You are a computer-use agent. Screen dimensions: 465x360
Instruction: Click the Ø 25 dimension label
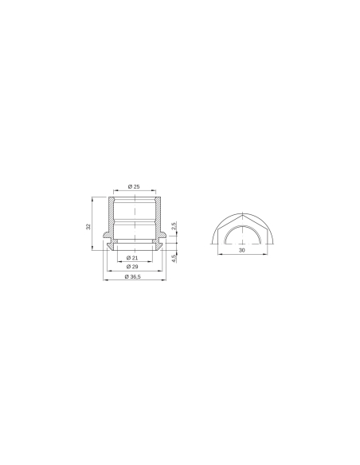134,186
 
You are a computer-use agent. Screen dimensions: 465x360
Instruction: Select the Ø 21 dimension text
134,259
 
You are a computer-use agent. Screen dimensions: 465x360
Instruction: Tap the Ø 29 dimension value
134,267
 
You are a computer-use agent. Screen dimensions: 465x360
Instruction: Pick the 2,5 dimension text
174,226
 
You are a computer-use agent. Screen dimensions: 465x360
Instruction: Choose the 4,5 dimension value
174,256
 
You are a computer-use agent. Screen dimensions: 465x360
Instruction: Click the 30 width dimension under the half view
242,250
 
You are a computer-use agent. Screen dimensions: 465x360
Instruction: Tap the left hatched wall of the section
109,215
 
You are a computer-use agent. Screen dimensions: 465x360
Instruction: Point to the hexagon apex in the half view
242,213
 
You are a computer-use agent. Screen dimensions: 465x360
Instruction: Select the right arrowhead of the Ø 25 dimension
159,190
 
